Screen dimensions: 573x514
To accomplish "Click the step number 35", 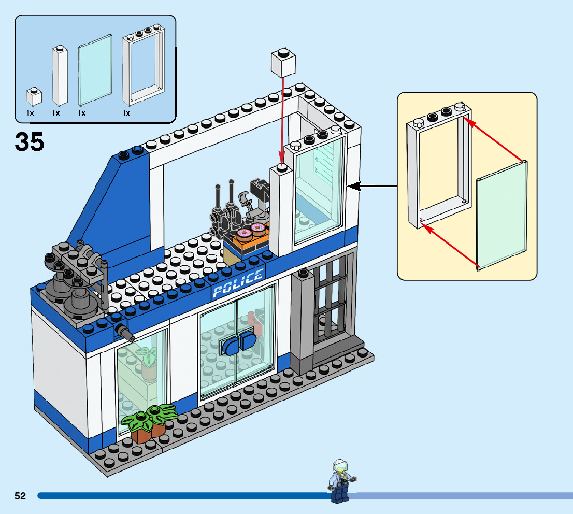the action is pos(30,141).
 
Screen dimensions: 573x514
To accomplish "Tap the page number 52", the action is pos(20,496).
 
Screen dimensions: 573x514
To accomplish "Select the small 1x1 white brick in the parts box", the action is pos(34,96).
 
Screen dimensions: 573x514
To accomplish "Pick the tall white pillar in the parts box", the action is pos(60,76).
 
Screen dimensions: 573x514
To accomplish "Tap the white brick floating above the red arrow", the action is pos(283,63).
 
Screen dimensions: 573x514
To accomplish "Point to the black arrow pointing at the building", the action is pos(373,186).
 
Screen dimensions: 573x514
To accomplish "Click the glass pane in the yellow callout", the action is pos(501,215).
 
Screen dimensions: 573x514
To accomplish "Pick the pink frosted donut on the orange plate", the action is pos(257,227).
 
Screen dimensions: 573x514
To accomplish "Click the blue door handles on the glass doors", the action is pos(236,345).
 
